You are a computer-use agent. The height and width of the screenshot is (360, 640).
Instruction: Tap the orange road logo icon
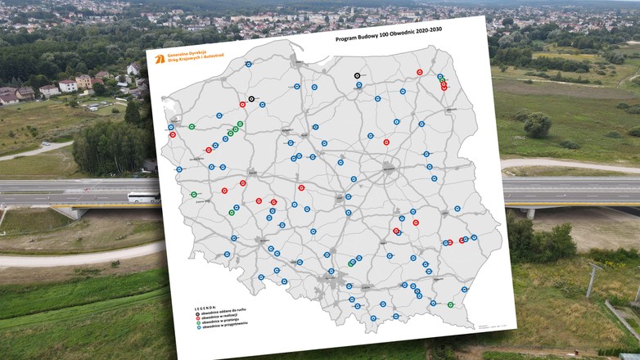[x=159, y=59]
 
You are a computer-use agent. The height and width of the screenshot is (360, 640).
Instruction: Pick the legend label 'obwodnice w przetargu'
[x=221, y=322]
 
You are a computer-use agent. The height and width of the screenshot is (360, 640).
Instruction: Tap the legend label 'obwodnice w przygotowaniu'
[x=224, y=326]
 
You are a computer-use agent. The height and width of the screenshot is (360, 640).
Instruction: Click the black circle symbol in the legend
[x=196, y=313]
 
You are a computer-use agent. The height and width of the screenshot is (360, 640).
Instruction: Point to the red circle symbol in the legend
[x=196, y=317]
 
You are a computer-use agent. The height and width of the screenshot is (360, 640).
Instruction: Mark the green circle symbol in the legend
[x=197, y=322]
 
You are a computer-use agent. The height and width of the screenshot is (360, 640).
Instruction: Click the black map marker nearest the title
[x=358, y=75]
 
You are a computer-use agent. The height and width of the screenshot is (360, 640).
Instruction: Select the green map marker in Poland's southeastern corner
[x=451, y=304]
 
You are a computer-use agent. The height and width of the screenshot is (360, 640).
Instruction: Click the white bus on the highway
[x=143, y=197]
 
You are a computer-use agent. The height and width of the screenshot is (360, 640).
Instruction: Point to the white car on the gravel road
[x=44, y=144]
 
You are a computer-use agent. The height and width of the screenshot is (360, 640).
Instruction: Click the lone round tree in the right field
[x=537, y=124]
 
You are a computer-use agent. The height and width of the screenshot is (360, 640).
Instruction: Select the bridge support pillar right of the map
[x=530, y=213]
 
